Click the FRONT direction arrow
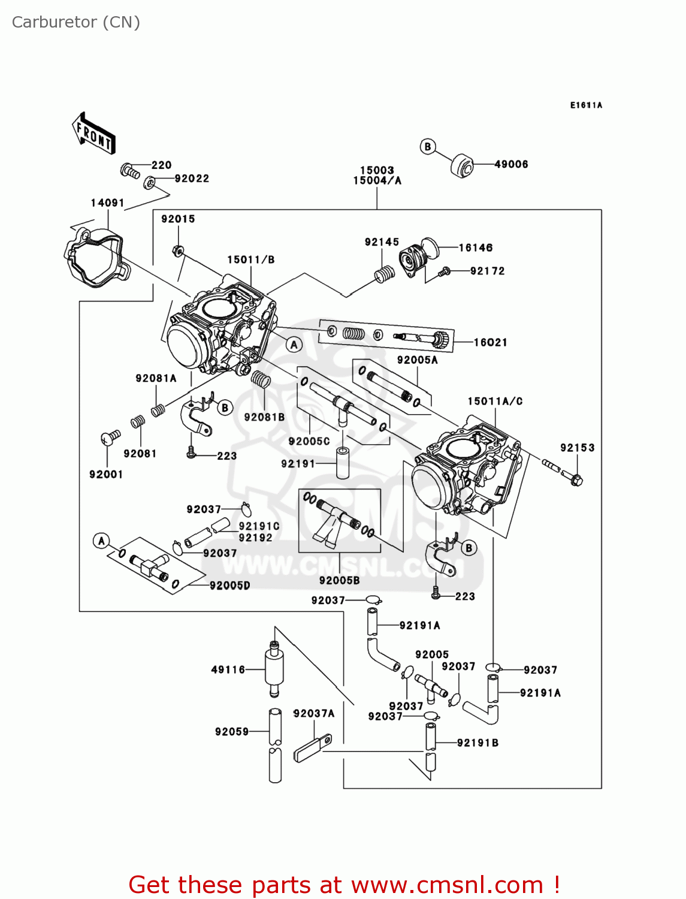click(93, 133)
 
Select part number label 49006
click(511, 164)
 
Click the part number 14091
click(107, 203)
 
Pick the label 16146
click(476, 248)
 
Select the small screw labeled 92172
click(444, 272)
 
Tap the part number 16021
click(490, 342)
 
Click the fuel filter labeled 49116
click(274, 669)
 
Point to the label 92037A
click(314, 713)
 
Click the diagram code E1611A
click(585, 105)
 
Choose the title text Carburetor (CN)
click(76, 22)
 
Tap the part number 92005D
click(230, 586)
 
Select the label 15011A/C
click(495, 401)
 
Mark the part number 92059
click(232, 731)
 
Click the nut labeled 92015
click(177, 251)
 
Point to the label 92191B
click(478, 743)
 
